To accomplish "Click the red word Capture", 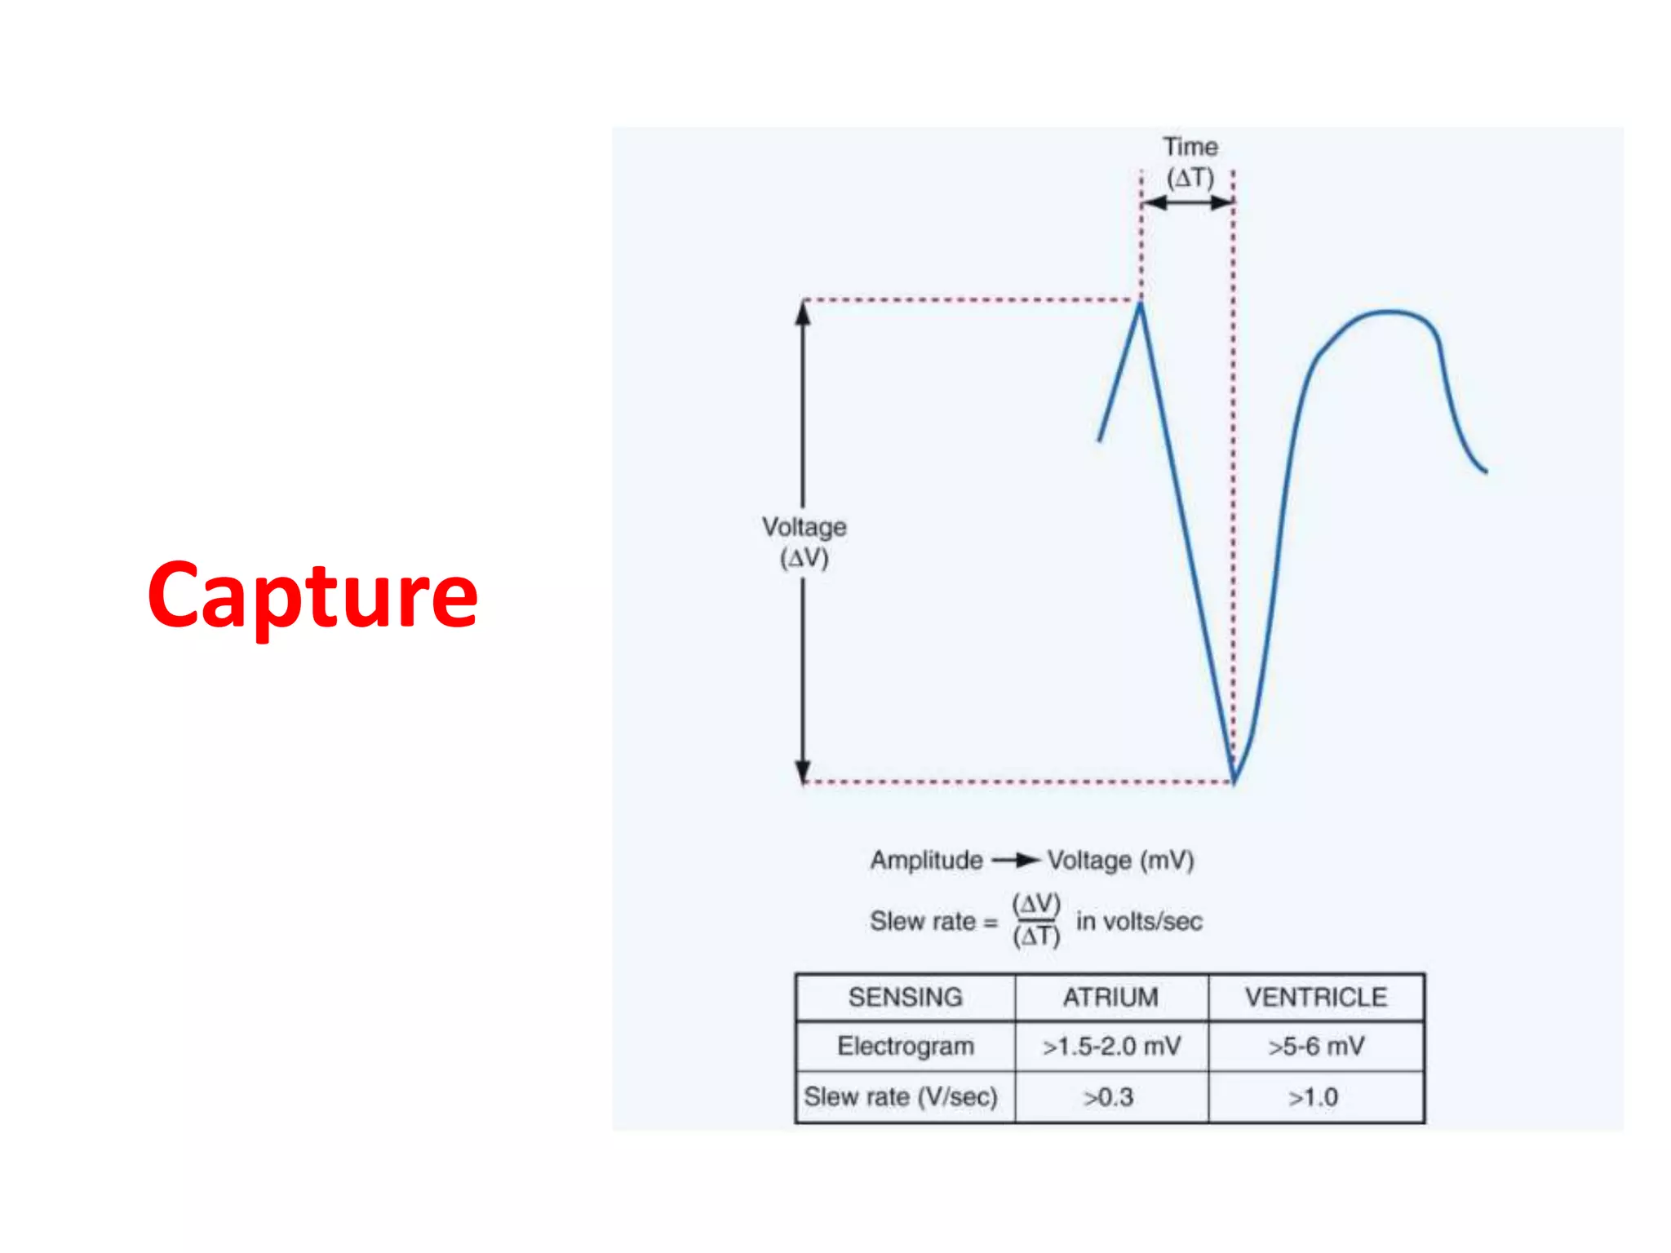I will (312, 596).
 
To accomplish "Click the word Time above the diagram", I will (1190, 147).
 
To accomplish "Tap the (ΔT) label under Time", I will (1190, 178).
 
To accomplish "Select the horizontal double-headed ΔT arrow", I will (1188, 203).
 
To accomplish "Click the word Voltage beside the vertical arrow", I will (804, 527).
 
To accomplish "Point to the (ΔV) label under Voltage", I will (804, 559).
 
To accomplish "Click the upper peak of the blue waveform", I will (1141, 305).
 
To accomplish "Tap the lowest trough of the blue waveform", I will (1234, 779).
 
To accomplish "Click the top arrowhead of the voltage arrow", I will (803, 312).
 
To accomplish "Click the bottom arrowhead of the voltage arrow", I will (803, 771).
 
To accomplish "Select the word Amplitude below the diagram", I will (926, 860).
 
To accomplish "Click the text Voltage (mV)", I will (1120, 860).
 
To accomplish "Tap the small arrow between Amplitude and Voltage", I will (1017, 860).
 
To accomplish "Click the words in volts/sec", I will (1139, 921).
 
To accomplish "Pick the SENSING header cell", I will (905, 997).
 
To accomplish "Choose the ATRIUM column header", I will (1110, 997).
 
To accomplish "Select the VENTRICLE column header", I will (1316, 997).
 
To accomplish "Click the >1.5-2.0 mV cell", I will (1111, 1046).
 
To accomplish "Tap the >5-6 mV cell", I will (1316, 1046).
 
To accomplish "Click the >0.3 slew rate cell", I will (1109, 1097).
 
